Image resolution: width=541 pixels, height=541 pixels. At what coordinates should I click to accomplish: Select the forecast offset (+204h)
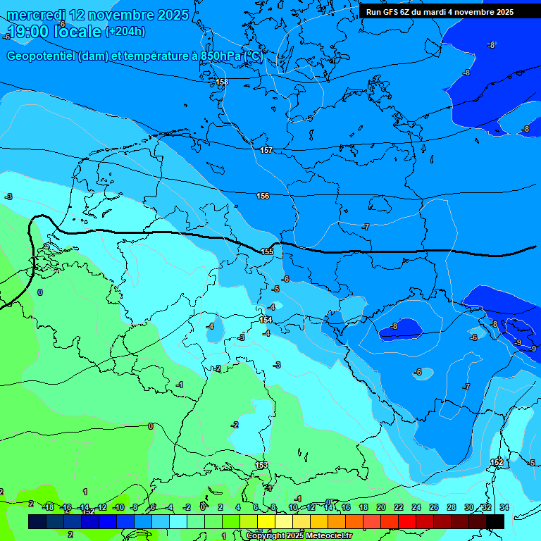(x=125, y=32)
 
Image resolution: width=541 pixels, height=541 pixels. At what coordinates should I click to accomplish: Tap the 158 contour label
(x=222, y=82)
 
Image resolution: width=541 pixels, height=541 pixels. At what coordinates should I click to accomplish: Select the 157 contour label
(x=266, y=150)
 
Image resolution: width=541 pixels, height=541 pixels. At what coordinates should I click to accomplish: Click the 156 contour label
(x=263, y=196)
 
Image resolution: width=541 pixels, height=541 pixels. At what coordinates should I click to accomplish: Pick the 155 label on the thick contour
(x=267, y=251)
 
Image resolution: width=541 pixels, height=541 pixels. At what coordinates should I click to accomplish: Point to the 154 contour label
(x=266, y=320)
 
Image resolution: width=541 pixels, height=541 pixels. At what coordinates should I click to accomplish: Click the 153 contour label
(x=261, y=466)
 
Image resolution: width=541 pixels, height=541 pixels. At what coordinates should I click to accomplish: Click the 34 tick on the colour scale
(x=504, y=507)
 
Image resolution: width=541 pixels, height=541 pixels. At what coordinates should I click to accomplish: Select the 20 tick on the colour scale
(x=380, y=507)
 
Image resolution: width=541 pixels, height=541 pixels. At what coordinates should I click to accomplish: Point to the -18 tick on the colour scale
(x=48, y=507)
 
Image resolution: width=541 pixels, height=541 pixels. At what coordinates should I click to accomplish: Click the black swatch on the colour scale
(x=495, y=521)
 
